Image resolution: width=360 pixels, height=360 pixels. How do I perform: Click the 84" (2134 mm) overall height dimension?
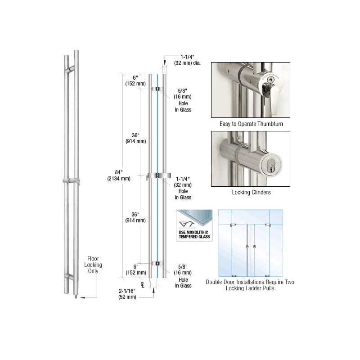click(x=119, y=175)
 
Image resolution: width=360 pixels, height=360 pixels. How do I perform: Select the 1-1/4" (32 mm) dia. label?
click(x=187, y=60)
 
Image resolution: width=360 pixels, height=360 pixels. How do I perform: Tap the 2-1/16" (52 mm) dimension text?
click(x=127, y=294)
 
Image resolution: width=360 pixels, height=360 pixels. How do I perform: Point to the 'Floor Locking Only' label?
click(x=93, y=265)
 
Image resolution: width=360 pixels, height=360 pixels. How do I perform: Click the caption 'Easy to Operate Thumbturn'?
click(x=251, y=124)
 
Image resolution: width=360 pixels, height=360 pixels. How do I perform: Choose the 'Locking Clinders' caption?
click(x=251, y=193)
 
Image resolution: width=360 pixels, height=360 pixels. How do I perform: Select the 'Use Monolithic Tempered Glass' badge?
click(x=194, y=225)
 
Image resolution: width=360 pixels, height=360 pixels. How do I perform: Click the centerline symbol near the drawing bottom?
click(x=143, y=285)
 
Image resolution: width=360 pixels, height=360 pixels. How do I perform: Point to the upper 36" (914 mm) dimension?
click(x=136, y=138)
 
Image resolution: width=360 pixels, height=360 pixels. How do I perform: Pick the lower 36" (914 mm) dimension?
click(x=135, y=217)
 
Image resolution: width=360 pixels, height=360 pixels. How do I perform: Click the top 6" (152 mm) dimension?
click(x=135, y=81)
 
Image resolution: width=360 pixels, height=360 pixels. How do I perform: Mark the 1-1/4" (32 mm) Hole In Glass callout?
click(x=183, y=188)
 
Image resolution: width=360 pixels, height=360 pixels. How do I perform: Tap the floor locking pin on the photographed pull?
click(x=76, y=297)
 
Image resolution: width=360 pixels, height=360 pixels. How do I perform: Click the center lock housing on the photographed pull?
click(x=71, y=180)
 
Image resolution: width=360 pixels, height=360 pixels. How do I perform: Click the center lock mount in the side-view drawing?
click(x=158, y=175)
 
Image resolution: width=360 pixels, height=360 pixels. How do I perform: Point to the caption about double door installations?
click(x=250, y=285)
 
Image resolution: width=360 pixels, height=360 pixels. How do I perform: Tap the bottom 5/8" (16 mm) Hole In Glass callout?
click(x=183, y=276)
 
